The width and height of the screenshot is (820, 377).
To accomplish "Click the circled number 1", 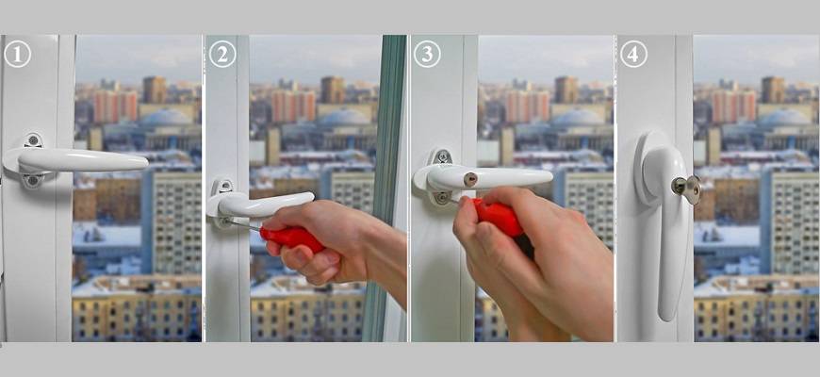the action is coord(17,55).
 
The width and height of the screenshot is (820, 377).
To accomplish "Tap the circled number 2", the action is coord(222,55).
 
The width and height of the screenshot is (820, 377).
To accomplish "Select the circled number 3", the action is coord(427,55).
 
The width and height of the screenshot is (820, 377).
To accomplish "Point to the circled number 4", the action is coord(633,55).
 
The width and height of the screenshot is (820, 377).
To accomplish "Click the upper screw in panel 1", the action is coord(33,140).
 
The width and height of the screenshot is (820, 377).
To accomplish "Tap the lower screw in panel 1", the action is coord(33,180).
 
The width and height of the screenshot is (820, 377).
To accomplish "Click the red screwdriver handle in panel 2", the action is coord(292,238).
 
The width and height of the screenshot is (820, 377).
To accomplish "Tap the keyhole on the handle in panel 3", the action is coord(470,180).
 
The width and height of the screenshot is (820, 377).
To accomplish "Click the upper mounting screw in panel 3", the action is coord(442,156).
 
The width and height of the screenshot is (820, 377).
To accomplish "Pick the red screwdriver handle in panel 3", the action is coord(498,216).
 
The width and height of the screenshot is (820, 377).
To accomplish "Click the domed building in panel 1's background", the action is coord(166,118).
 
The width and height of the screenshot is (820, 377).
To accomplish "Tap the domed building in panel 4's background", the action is coord(783,118).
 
